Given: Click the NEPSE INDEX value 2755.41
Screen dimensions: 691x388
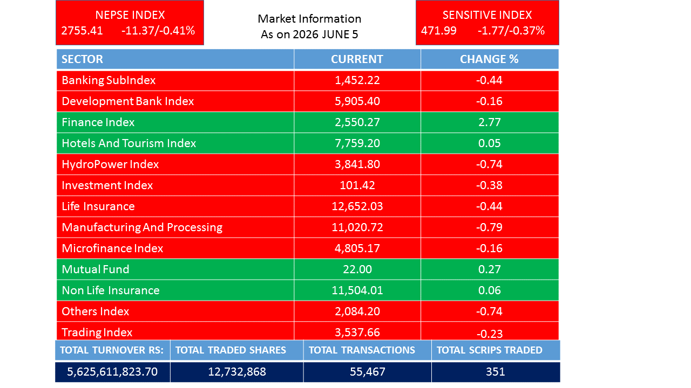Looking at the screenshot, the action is click(82, 31).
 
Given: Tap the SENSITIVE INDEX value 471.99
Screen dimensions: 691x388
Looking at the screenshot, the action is click(439, 31).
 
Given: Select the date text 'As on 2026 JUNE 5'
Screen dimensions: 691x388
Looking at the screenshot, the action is click(309, 34).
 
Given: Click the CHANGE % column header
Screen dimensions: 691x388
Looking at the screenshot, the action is click(489, 59).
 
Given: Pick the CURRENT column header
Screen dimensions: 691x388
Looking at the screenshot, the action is click(357, 59).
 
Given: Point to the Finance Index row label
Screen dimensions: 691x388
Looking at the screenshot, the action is click(98, 122).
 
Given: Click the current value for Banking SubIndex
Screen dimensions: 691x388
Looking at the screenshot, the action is click(357, 80).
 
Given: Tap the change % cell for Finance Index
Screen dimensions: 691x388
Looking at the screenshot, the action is click(490, 122).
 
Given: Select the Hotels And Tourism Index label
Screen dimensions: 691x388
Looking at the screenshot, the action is click(129, 143).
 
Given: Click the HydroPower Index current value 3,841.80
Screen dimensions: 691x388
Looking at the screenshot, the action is click(357, 164).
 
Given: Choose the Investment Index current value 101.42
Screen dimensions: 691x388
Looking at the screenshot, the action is click(357, 185).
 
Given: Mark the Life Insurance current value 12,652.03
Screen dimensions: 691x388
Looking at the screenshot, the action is click(357, 206).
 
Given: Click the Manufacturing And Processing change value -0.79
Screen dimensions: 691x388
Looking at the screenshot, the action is click(489, 227).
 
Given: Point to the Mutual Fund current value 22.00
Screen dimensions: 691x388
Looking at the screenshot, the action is click(357, 269).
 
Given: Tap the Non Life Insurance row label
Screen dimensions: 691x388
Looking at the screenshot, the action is click(111, 290).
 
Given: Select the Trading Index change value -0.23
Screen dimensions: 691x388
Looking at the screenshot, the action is click(490, 334).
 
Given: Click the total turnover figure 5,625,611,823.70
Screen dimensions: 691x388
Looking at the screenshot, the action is click(112, 372).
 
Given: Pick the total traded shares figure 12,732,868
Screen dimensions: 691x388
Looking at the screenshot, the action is click(237, 372).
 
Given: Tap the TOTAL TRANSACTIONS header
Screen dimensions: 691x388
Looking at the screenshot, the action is click(362, 350).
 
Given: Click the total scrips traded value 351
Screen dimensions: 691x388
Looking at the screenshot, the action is click(496, 372).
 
